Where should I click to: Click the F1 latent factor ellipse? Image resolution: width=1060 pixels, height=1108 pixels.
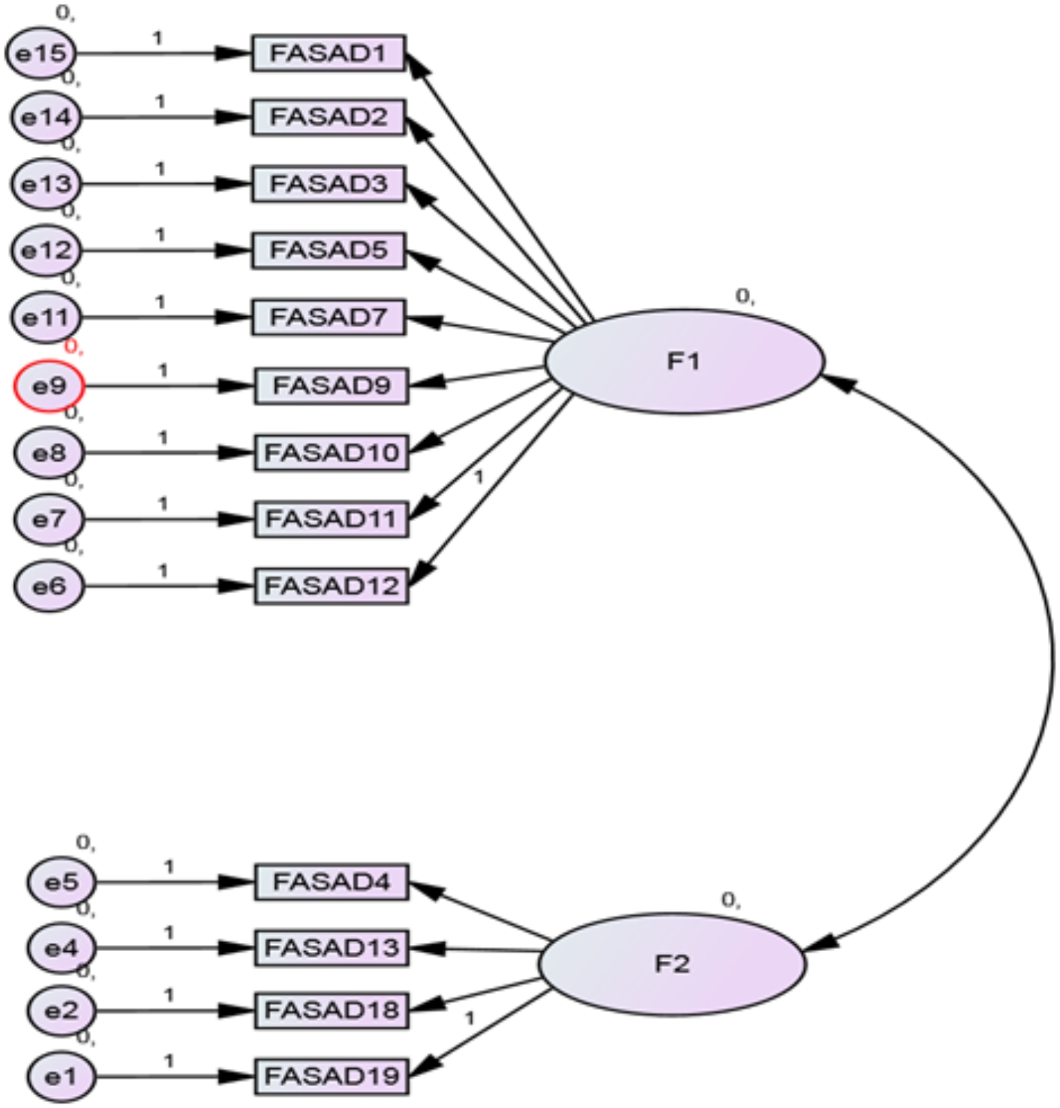683,362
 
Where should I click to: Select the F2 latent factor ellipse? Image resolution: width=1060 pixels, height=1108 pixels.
672,964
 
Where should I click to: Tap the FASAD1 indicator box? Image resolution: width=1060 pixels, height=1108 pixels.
328,54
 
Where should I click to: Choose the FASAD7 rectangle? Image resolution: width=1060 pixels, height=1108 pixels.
328,318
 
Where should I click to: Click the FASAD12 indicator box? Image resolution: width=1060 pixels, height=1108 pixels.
331,586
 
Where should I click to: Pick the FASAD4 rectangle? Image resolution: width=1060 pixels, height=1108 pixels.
331,882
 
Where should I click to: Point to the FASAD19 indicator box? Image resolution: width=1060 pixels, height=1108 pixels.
331,1076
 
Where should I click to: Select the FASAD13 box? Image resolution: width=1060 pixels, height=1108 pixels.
331,947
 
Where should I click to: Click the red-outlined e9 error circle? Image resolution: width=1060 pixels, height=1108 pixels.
49,386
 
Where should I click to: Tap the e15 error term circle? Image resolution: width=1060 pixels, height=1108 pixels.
41,54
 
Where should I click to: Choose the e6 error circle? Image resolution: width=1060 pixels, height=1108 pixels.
49,586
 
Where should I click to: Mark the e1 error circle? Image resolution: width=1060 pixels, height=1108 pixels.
62,1076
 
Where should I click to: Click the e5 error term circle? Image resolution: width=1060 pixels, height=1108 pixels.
62,882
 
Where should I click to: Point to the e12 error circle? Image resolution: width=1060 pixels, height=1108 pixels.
46,250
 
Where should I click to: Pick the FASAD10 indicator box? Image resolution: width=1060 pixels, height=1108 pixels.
331,453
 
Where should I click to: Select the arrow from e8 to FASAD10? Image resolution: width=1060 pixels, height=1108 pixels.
166,453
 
